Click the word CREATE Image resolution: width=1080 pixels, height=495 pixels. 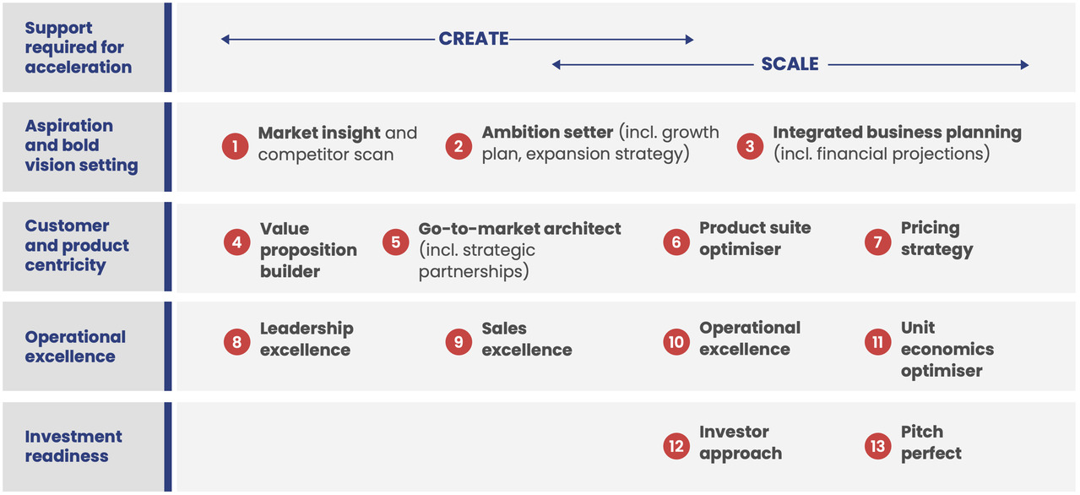pyautogui.click(x=474, y=39)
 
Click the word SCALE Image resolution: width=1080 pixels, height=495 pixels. pyautogui.click(x=790, y=64)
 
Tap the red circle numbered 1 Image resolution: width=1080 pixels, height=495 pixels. pyautogui.click(x=236, y=146)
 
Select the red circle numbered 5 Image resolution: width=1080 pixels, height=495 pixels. pyautogui.click(x=396, y=242)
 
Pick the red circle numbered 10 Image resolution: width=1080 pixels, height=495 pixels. pyautogui.click(x=676, y=342)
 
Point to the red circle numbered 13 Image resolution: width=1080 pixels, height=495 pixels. pyautogui.click(x=878, y=446)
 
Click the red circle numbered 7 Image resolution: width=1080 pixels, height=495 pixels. pyautogui.click(x=878, y=242)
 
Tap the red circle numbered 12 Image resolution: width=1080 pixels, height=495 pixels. pyautogui.click(x=676, y=446)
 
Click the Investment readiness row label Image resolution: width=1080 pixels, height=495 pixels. pyautogui.click(x=73, y=446)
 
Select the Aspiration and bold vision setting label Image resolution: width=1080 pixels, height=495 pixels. pyautogui.click(x=81, y=145)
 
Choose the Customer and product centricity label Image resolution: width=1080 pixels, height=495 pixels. pyautogui.click(x=77, y=246)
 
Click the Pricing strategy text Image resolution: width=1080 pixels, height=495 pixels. pyautogui.click(x=936, y=239)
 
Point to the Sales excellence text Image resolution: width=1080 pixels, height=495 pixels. pyautogui.click(x=527, y=340)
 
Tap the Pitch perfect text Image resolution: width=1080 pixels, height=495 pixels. pyautogui.click(x=931, y=443)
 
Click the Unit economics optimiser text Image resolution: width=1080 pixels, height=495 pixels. pyautogui.click(x=947, y=350)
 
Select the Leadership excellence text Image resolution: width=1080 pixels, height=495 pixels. pyautogui.click(x=307, y=340)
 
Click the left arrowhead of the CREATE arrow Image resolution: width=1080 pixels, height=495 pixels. pyautogui.click(x=225, y=39)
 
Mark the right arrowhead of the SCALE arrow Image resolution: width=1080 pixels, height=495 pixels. pyautogui.click(x=1025, y=65)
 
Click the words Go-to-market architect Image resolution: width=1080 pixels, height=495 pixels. pyautogui.click(x=520, y=229)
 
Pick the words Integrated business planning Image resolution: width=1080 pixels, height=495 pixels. pyautogui.click(x=898, y=133)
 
